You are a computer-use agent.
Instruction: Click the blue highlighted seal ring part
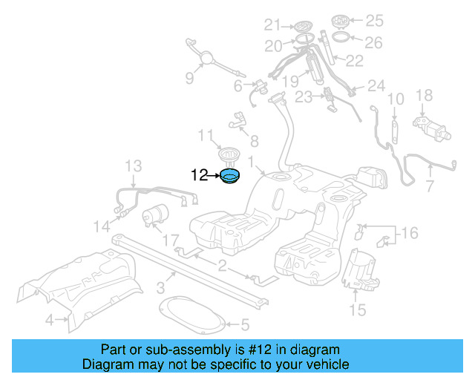pos(231,177)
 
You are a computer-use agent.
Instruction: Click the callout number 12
pos(200,175)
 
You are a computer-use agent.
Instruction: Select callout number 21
pos(273,24)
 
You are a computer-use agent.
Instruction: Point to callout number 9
pos(189,76)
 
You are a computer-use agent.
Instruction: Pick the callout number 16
pos(410,234)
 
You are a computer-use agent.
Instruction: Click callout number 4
pos(49,321)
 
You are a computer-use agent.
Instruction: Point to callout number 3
pos(160,289)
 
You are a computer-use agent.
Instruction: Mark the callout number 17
pos(170,240)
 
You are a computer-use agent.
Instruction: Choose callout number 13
pos(132,165)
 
